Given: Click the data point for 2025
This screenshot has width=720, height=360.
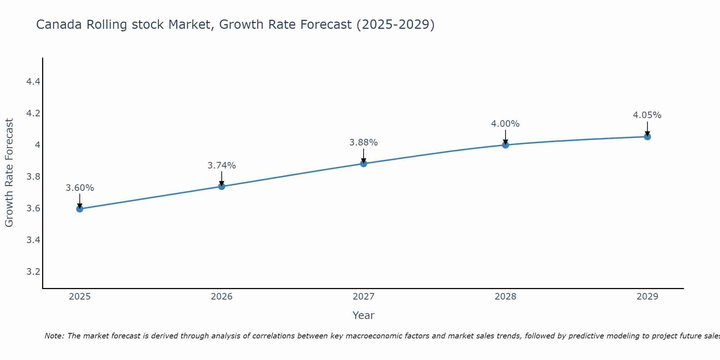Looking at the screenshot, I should [80, 209].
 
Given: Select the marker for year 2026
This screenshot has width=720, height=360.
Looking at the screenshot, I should [222, 186].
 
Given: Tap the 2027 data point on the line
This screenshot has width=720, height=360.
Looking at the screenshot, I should [364, 163].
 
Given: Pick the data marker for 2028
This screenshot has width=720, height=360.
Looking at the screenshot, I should [505, 145].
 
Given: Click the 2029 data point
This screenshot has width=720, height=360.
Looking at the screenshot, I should [647, 136].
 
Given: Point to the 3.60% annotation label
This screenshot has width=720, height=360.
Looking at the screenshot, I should [80, 188].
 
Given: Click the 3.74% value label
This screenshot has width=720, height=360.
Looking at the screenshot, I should [222, 166].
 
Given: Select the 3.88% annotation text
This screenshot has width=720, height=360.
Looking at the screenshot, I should [364, 143].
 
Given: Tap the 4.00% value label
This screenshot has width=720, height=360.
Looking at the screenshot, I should [505, 124].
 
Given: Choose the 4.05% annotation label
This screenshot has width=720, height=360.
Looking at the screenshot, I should [647, 115].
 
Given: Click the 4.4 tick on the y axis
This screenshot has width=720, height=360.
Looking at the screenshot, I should [33, 82].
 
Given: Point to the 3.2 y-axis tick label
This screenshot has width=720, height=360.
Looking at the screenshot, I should [33, 271].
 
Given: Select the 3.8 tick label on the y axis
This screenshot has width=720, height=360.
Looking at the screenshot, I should [33, 177].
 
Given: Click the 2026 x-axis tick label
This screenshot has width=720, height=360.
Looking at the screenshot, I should [222, 297].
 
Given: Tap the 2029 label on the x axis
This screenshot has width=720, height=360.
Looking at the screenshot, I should [647, 297].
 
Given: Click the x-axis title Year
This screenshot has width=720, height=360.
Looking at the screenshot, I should [364, 315].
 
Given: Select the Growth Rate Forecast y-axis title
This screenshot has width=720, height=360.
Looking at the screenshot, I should [9, 173].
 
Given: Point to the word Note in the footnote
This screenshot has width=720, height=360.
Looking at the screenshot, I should [54, 336].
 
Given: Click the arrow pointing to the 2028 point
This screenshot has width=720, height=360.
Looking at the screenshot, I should [505, 137].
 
